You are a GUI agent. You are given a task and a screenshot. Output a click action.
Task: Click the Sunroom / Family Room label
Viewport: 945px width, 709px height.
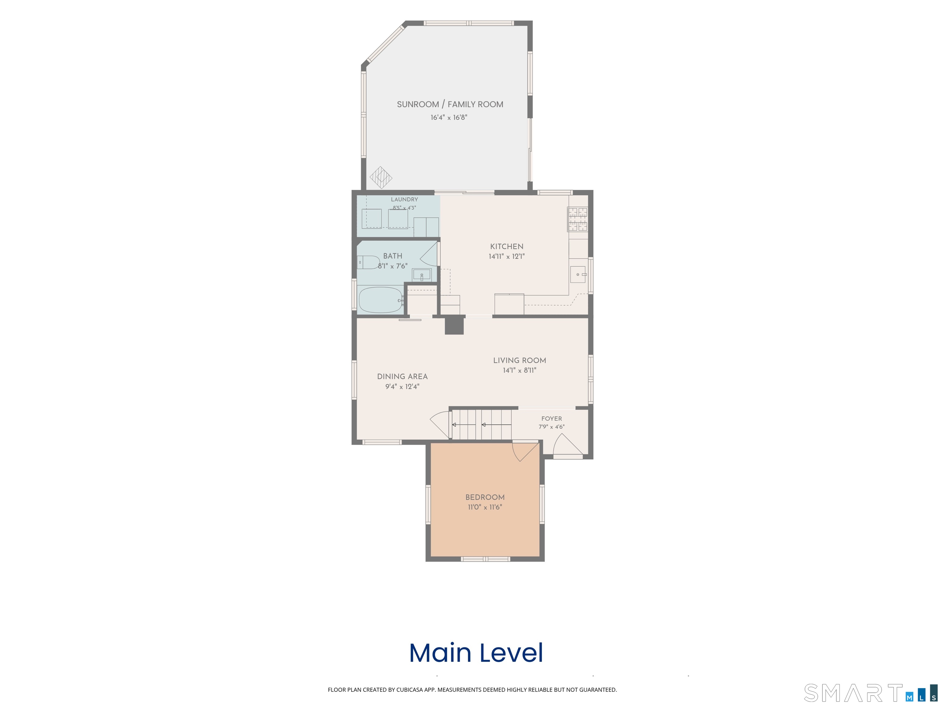click(x=450, y=104)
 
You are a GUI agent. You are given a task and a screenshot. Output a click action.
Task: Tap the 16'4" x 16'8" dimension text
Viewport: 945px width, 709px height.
click(x=449, y=118)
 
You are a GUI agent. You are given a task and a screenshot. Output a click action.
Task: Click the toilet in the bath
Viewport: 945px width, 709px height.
click(x=368, y=262)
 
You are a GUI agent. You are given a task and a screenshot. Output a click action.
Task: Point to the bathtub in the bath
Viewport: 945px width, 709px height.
click(x=381, y=300)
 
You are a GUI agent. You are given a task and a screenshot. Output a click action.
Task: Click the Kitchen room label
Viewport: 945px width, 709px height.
click(x=507, y=246)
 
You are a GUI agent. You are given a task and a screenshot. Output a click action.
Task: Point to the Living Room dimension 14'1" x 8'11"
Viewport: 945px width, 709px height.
click(x=520, y=371)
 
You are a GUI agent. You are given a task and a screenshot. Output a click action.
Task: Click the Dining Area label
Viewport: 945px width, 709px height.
click(x=402, y=377)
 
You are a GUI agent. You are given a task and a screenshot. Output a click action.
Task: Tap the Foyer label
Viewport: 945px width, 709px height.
click(x=552, y=419)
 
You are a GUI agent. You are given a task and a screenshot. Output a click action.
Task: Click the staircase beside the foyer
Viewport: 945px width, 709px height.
click(x=481, y=424)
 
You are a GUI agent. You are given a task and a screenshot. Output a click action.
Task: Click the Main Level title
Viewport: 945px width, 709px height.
click(x=476, y=653)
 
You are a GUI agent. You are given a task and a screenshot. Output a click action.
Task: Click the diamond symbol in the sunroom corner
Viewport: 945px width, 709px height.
click(x=381, y=177)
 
